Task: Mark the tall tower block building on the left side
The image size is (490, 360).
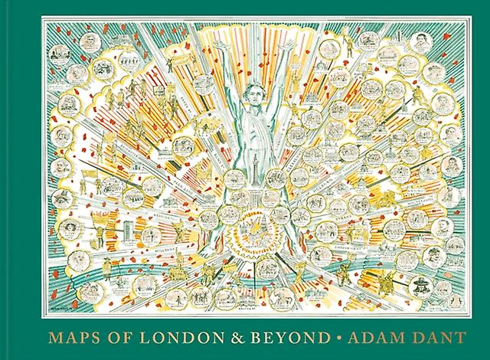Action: [x=115, y=230]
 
